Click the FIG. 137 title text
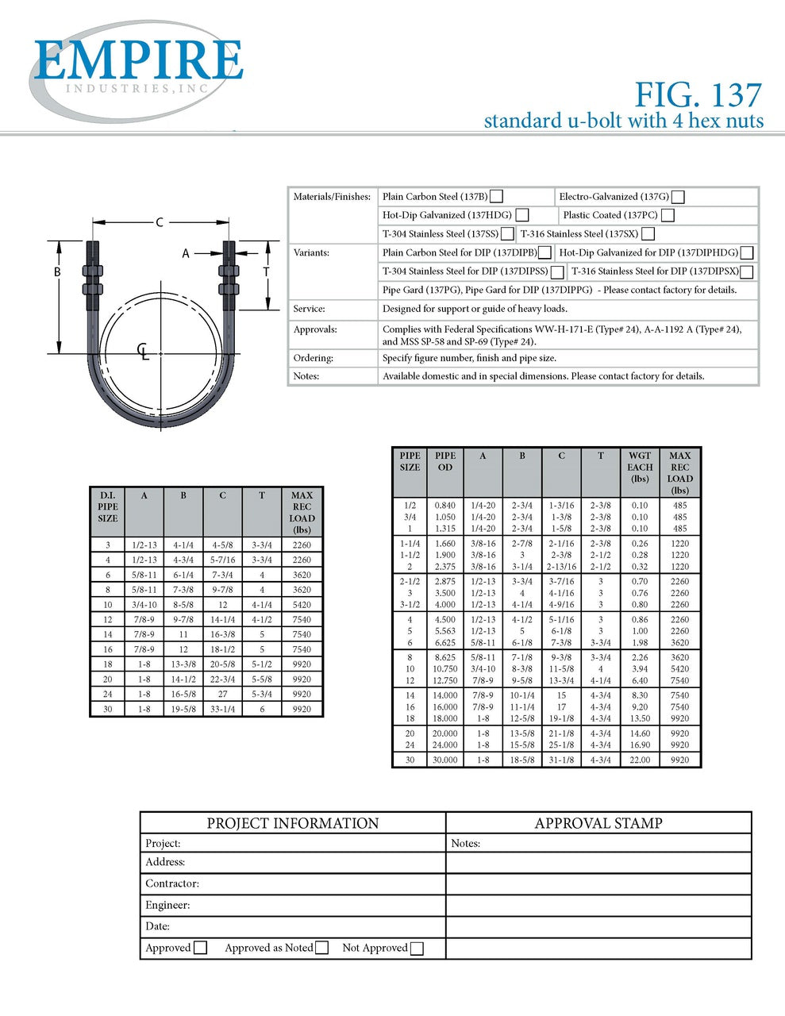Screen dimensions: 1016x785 [698, 95]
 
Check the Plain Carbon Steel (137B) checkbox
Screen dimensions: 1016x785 [496, 197]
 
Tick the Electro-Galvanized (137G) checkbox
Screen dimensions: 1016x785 [678, 197]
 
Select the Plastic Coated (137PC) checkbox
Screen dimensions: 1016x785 [668, 215]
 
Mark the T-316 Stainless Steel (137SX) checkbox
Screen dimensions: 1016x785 [648, 234]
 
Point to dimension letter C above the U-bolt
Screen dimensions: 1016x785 [160, 222]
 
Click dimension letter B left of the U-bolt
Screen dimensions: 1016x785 [57, 272]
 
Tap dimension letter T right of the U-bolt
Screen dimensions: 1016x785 [266, 272]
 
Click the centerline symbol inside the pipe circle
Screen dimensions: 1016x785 [143, 351]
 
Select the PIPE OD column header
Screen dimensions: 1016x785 [445, 461]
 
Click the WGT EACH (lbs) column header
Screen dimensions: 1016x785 [640, 467]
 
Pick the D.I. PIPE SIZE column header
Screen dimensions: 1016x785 [108, 506]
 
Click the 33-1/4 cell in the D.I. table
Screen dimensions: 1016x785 [222, 709]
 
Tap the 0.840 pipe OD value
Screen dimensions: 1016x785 [445, 505]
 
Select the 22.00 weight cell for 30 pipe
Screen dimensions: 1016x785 [640, 760]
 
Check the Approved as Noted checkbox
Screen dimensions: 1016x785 [321, 948]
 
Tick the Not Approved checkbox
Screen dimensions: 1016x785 [417, 948]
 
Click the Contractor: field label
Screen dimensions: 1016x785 [172, 883]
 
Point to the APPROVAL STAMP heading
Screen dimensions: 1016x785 [598, 823]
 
